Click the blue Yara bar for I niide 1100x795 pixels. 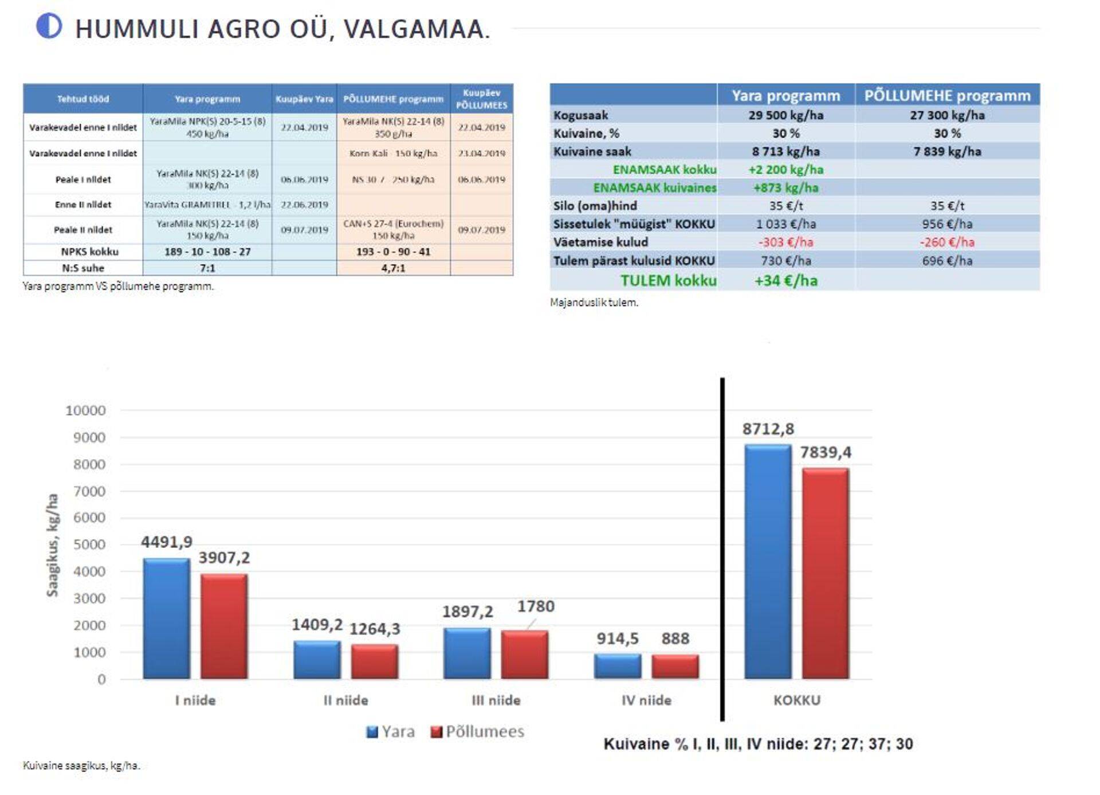click(x=166, y=619)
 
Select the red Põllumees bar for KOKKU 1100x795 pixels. click(x=825, y=573)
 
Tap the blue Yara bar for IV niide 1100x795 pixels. click(x=618, y=667)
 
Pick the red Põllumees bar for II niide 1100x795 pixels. click(x=374, y=662)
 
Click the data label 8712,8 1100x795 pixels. click(x=768, y=429)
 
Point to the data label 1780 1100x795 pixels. click(x=536, y=606)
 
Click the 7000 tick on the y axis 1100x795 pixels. click(x=89, y=491)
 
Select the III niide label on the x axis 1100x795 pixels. click(x=496, y=700)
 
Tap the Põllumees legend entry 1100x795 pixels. click(x=477, y=732)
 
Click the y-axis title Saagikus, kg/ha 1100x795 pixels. click(x=52, y=545)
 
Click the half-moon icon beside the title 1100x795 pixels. click(x=49, y=26)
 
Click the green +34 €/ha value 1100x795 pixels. click(x=785, y=281)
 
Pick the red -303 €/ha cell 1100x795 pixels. click(x=785, y=242)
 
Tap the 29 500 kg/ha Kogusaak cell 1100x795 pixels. click(x=785, y=115)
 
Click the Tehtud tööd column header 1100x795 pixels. click(x=83, y=99)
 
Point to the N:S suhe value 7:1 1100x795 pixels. click(x=207, y=268)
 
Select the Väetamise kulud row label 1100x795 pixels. click(x=600, y=242)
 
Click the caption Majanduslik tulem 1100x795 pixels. click(x=594, y=303)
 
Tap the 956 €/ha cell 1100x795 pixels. click(x=947, y=224)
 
